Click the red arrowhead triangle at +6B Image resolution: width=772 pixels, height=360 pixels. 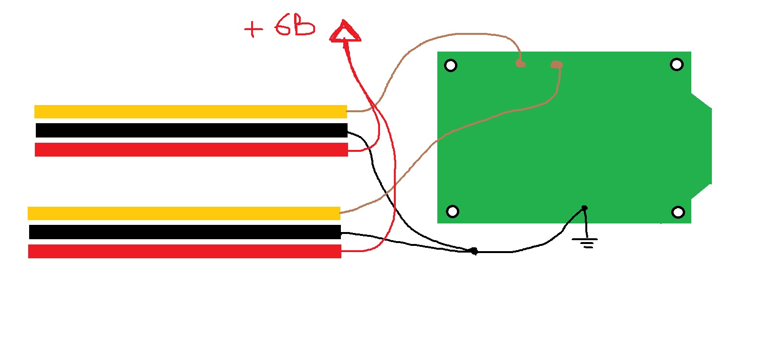(345, 32)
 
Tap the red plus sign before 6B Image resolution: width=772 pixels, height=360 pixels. (253, 29)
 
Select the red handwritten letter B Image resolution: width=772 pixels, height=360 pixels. (304, 26)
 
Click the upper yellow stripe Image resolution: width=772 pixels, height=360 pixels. (190, 112)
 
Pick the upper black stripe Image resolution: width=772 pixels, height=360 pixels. (191, 130)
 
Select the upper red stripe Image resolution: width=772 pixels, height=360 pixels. (191, 150)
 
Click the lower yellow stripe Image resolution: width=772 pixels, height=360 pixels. (184, 213)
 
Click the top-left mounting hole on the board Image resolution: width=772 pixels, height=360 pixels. (451, 65)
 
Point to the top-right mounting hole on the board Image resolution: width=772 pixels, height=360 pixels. (677, 64)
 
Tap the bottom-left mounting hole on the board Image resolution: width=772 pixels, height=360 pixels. (453, 211)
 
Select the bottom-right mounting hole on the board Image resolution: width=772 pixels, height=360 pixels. (678, 212)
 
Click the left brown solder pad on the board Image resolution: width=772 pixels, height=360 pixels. (520, 64)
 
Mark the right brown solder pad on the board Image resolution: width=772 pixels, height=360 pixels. (557, 64)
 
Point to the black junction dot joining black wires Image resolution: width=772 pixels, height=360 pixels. (474, 251)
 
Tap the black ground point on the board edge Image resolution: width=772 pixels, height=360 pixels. (584, 208)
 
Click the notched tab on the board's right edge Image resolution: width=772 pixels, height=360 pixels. (701, 146)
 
